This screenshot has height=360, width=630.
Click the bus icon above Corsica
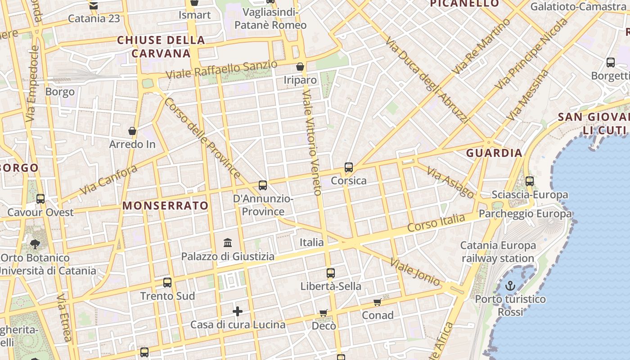click(x=349, y=167)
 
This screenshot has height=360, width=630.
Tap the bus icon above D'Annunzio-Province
click(x=263, y=185)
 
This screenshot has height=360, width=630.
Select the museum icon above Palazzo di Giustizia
click(x=228, y=243)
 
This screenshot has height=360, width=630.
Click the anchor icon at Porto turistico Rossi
click(x=510, y=285)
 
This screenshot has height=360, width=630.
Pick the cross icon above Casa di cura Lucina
click(x=238, y=311)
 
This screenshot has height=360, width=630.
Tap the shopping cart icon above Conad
click(x=378, y=302)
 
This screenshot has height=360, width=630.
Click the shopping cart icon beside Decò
click(x=323, y=313)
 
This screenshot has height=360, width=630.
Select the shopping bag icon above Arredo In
click(x=132, y=131)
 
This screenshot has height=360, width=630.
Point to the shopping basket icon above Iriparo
click(x=300, y=67)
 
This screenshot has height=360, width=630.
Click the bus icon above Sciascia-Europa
click(x=530, y=181)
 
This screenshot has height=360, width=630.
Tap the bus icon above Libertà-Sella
click(x=331, y=273)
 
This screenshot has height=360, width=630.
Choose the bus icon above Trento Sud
click(x=167, y=283)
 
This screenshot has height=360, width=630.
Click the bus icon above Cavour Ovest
click(x=40, y=198)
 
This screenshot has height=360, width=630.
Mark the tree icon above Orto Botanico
click(x=35, y=244)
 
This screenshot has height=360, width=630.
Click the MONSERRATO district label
click(x=166, y=206)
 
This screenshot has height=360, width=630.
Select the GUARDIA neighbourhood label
click(x=494, y=153)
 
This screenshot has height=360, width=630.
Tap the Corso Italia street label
click(x=436, y=223)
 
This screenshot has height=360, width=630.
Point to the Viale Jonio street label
click(x=415, y=272)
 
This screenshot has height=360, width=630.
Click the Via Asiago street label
click(x=450, y=182)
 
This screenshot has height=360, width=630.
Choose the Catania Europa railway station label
click(x=498, y=252)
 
